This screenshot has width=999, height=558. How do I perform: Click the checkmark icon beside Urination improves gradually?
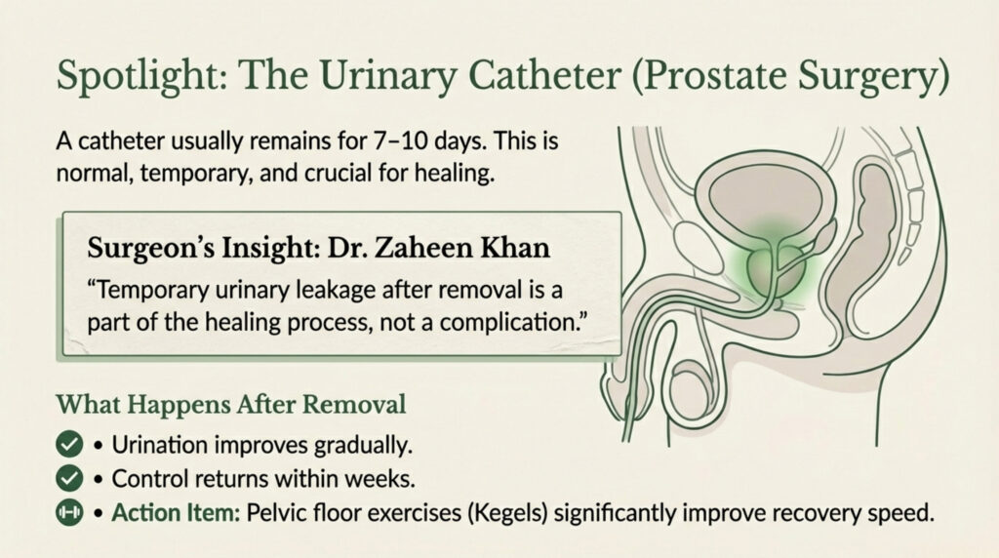click(69, 446)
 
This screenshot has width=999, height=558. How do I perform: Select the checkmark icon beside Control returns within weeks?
click(69, 479)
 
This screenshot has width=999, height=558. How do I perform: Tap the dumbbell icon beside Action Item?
click(69, 512)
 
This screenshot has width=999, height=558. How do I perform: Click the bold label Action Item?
click(167, 512)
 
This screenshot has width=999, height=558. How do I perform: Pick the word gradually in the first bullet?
click(358, 446)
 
